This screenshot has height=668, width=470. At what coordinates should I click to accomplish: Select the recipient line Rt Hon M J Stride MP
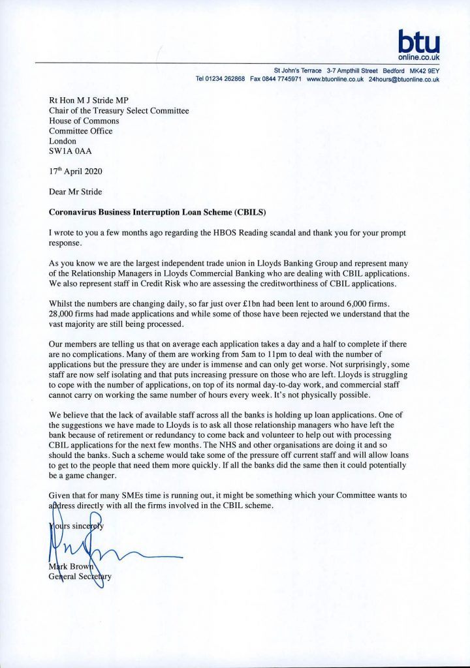tap(89, 100)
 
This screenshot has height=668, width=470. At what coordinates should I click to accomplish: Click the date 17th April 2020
tap(76, 172)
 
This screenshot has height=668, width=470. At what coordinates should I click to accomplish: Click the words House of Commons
tap(84, 121)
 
